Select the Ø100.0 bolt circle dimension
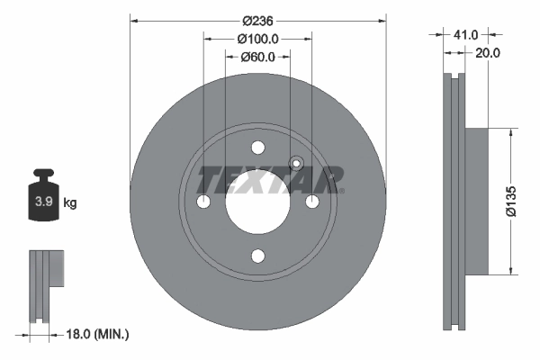pyautogui.click(x=257, y=38)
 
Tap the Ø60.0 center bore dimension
pyautogui.click(x=257, y=58)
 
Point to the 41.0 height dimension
pyautogui.click(x=464, y=34)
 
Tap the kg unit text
pyautogui.click(x=70, y=203)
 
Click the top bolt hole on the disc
pyautogui.click(x=257, y=148)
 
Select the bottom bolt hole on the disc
pyautogui.click(x=257, y=256)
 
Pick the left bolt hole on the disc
pyautogui.click(x=203, y=202)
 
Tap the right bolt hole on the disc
pyautogui.click(x=311, y=202)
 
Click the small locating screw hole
pyautogui.click(x=294, y=163)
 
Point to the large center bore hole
pyautogui.click(x=257, y=202)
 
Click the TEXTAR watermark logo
pyautogui.click(x=270, y=180)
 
